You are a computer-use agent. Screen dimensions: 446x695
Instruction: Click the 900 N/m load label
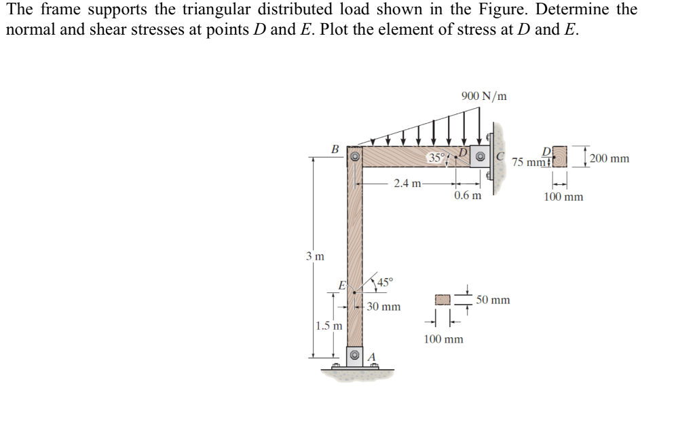[x=483, y=96]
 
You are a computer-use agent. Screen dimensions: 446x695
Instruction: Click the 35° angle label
[x=436, y=158]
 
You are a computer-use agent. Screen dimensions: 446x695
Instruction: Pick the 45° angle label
[x=384, y=282]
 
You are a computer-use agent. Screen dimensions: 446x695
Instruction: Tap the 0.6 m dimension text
[x=468, y=196]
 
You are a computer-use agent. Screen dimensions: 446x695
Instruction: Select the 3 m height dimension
[x=314, y=256]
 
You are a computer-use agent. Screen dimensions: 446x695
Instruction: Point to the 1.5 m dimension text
[x=329, y=326]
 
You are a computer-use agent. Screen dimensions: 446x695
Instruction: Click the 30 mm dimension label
[x=383, y=307]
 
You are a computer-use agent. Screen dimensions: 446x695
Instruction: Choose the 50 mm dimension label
[x=493, y=299]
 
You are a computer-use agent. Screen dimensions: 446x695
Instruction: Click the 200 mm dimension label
[x=609, y=158]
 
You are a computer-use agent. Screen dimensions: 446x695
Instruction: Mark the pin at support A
[x=354, y=356]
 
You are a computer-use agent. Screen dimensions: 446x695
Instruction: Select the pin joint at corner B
[x=354, y=156]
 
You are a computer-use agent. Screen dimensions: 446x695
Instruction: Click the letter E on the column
[x=343, y=285]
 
